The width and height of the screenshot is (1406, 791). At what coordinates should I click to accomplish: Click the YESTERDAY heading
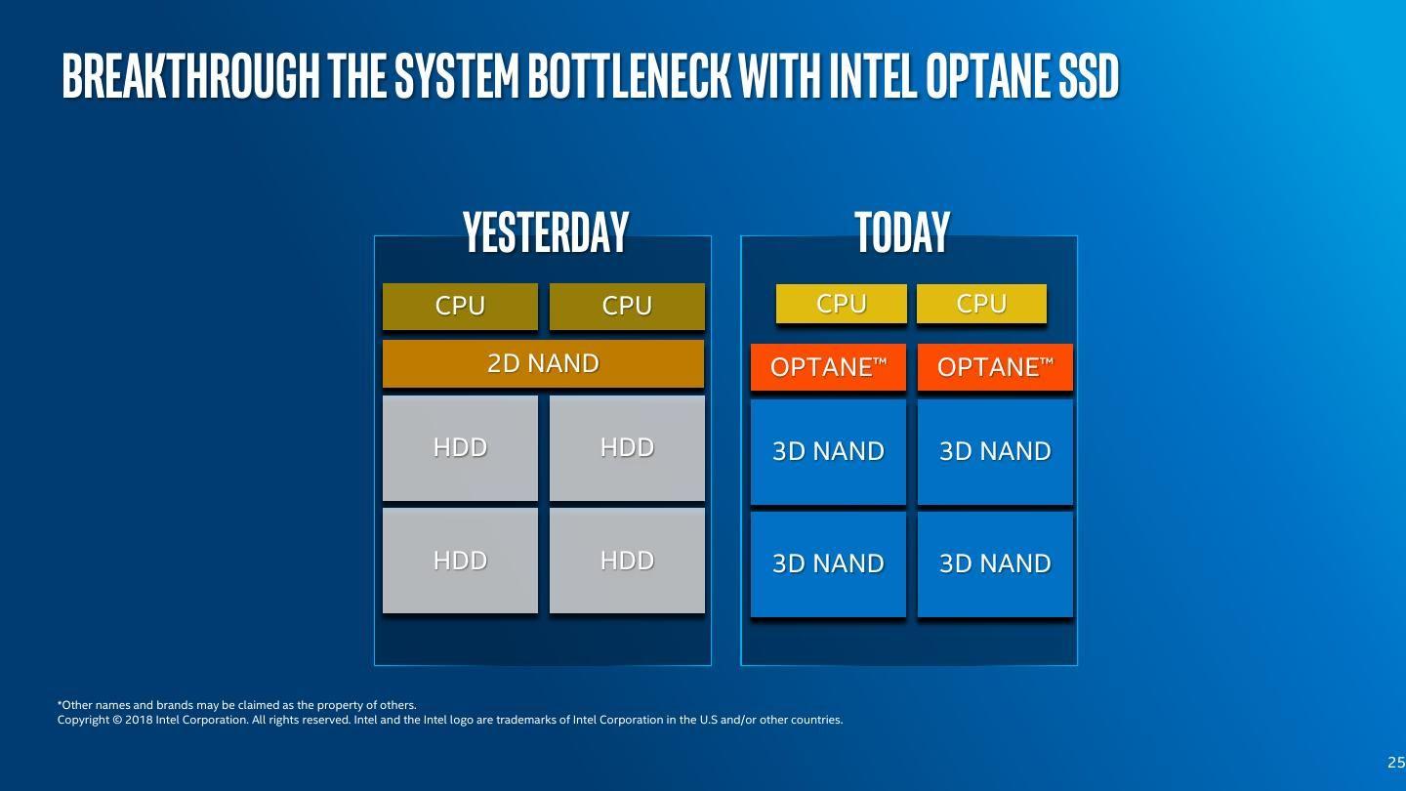pos(546,231)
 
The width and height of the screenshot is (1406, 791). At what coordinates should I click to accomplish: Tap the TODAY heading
pos(902,231)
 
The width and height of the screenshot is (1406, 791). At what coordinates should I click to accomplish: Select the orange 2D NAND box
pos(543,363)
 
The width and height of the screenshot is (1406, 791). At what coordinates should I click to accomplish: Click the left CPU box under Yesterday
pos(460,306)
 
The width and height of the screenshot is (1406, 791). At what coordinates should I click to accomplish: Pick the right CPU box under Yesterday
pos(627,306)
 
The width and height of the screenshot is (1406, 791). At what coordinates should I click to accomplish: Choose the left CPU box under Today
pos(841,304)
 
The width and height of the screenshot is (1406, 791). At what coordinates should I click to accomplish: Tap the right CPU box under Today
pos(981,304)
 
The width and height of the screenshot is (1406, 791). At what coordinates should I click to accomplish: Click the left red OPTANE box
pos(828,367)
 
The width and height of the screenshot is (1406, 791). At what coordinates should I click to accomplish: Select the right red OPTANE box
pos(995,367)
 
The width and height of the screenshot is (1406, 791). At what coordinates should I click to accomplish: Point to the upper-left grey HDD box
pos(460,447)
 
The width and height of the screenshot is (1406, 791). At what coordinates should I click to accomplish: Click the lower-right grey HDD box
pos(627,561)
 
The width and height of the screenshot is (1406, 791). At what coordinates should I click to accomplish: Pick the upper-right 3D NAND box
pos(995,452)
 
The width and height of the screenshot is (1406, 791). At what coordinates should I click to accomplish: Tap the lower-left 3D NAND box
pos(828,564)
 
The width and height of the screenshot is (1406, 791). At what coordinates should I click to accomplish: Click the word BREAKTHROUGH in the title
pos(190,76)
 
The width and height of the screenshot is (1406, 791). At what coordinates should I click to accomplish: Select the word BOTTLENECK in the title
pos(629,76)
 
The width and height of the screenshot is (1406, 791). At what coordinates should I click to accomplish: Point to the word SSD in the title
pos(1089,76)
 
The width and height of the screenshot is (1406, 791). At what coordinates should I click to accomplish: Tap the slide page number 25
pos(1396,762)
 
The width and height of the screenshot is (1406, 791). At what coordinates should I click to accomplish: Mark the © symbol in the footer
pos(117,720)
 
